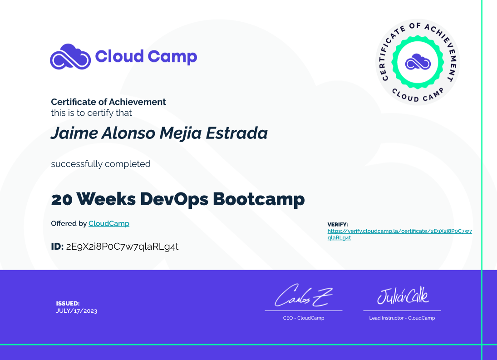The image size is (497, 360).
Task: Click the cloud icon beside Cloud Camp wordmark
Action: pos(70,57)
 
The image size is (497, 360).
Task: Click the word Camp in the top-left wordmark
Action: pos(172,57)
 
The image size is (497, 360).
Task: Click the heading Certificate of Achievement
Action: pos(108,102)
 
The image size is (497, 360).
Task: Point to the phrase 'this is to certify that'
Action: pos(91,113)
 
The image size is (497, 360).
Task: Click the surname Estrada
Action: pos(237,133)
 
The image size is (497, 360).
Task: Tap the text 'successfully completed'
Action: pos(101,164)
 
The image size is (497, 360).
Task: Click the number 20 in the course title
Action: pos(62,200)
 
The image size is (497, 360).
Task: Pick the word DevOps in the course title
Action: pos(174,199)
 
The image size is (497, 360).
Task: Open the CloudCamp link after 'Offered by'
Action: pos(109,223)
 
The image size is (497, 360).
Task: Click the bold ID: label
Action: pos(57,246)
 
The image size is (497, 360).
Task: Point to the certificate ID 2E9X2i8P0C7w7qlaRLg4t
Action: pos(123,247)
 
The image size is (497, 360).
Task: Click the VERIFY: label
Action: pos(338,224)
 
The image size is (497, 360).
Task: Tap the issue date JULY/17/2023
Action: pos(77,311)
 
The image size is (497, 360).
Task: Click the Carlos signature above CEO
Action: pos(304,296)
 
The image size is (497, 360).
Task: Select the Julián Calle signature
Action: pos(403,296)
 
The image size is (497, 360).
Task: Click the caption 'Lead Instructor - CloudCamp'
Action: pos(402,318)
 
